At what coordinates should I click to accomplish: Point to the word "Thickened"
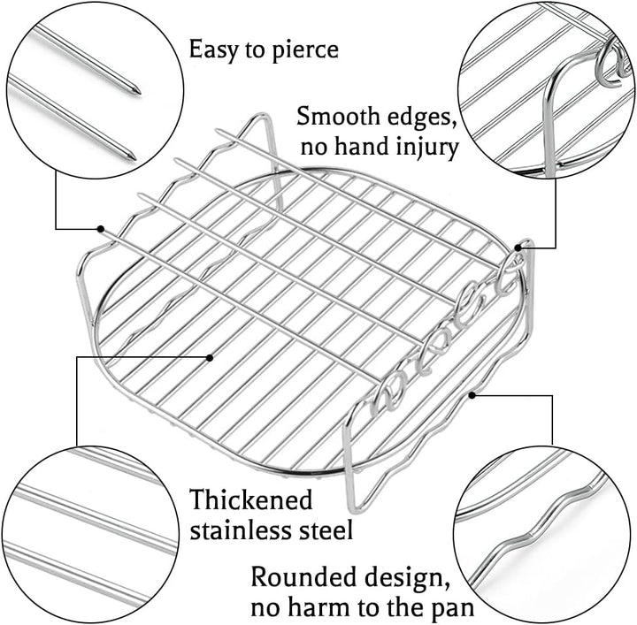click(251, 499)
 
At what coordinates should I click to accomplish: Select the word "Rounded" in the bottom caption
click(303, 576)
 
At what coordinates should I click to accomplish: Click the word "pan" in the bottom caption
click(454, 610)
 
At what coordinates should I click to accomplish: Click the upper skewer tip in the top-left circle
click(138, 91)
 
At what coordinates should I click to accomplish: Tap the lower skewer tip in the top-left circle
click(133, 156)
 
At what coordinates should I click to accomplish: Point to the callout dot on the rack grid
click(210, 357)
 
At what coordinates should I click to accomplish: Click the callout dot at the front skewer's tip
click(100, 229)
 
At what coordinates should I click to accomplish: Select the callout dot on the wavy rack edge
click(472, 395)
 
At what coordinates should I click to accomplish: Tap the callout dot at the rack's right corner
click(518, 248)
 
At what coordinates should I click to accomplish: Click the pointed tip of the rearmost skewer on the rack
click(219, 131)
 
